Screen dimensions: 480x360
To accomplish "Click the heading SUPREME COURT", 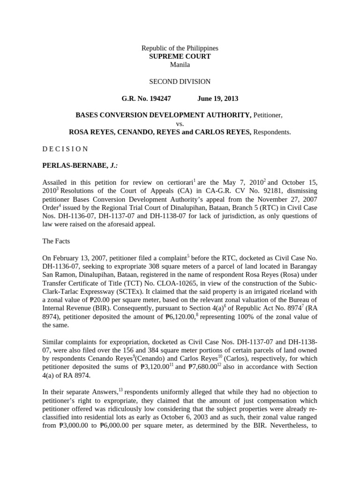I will (180, 56).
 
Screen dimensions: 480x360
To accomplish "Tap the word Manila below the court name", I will (180, 65).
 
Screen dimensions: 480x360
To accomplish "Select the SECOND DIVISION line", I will (180, 82).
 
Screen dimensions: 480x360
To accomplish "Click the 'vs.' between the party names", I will (180, 124).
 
